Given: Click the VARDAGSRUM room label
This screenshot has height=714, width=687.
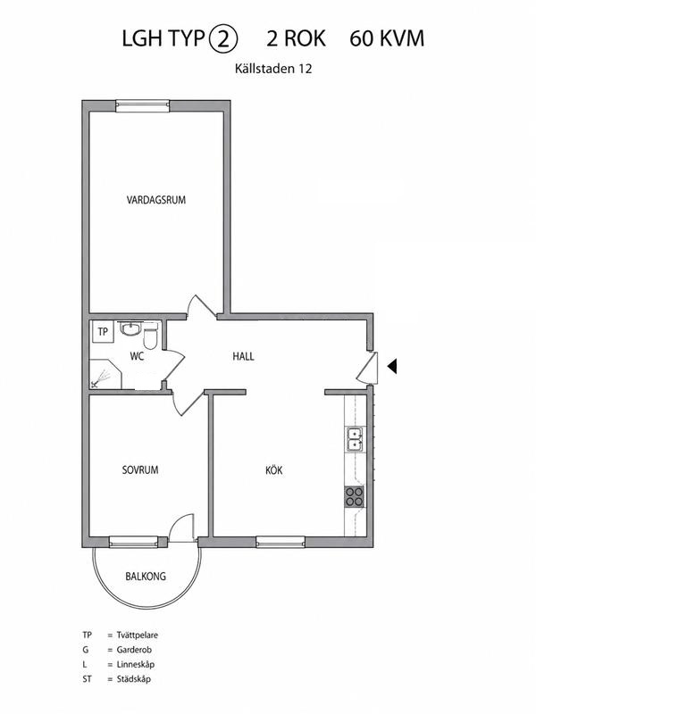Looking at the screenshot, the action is click(156, 199).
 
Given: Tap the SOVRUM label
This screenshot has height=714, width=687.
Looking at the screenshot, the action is click(140, 469).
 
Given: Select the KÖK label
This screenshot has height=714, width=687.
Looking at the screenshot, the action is click(274, 469).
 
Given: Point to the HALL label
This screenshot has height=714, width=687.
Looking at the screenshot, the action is click(243, 356).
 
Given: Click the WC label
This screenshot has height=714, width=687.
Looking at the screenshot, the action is click(137, 356).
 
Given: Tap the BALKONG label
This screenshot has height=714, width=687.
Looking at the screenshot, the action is click(146, 576).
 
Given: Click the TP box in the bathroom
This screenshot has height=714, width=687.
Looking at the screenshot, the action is click(103, 331).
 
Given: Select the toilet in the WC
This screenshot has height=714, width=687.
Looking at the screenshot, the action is click(150, 336).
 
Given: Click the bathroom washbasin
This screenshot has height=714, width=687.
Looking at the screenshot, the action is click(130, 328).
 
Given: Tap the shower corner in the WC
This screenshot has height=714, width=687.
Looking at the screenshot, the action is click(105, 374).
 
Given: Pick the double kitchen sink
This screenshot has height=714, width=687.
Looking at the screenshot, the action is click(356, 439).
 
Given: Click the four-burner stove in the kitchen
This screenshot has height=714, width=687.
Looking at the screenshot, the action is click(354, 496).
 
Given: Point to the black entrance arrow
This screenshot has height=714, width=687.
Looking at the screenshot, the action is click(392, 366).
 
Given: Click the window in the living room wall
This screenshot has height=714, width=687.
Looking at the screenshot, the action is click(142, 106).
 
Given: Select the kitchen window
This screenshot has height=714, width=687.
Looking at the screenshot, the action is click(281, 542).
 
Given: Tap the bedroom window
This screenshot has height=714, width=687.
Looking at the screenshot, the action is click(133, 542).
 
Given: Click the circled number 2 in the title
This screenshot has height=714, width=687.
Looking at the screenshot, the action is click(223, 38).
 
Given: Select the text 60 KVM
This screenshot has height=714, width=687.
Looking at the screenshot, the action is click(387, 38).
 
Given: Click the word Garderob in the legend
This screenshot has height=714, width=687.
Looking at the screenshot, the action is click(134, 650).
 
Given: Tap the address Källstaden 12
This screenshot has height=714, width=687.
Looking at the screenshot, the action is click(273, 69).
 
